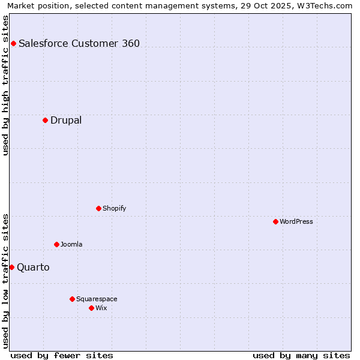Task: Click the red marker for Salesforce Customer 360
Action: pos(13,43)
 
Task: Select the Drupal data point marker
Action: pos(45,120)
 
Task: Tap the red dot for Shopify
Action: pos(98,208)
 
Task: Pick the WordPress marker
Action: pos(275,221)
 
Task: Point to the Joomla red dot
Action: pos(56,244)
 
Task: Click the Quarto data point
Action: pos(11,267)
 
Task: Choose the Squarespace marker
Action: pos(72,299)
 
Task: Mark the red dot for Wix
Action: pos(91,308)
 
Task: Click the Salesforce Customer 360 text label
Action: pos(79,43)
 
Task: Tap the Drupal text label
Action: pos(66,120)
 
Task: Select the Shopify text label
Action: pos(114,208)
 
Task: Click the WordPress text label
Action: pos(296,221)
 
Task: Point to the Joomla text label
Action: pos(71,244)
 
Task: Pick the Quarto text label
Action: pos(33,267)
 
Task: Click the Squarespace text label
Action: pos(97,299)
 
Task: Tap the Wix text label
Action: pos(101,308)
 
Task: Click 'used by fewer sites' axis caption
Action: pos(62,355)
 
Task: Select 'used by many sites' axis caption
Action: pos(301,355)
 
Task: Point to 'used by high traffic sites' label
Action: pos(6,85)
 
